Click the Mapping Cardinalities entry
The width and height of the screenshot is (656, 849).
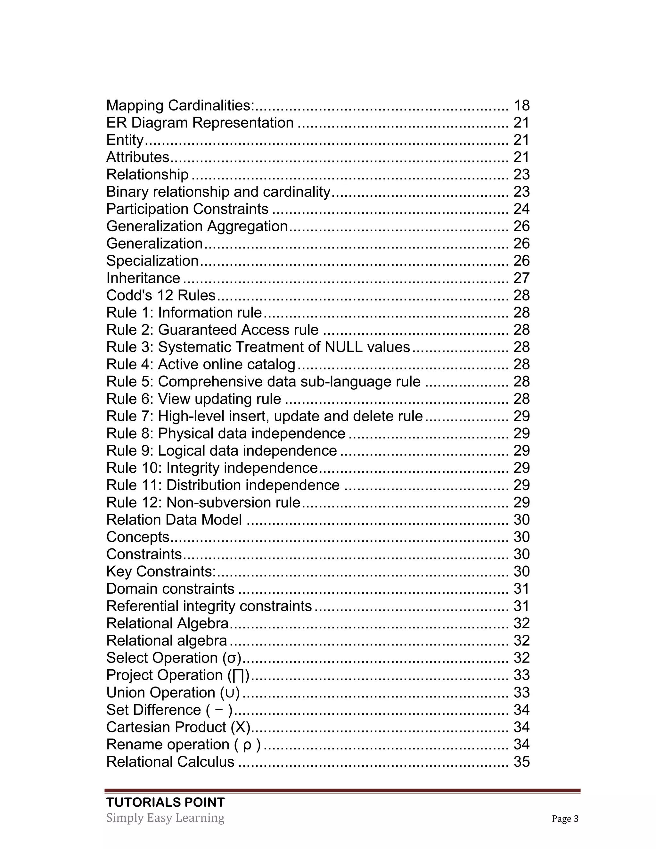click(x=180, y=105)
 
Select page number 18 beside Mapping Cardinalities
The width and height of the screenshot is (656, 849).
click(x=521, y=105)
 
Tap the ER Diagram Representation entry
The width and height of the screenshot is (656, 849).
click(x=200, y=123)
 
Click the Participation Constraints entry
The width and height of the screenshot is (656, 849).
click(x=187, y=209)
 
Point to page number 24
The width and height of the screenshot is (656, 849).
click(x=521, y=209)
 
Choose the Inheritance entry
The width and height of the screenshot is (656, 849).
click(x=143, y=278)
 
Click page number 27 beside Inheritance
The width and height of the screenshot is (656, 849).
click(x=521, y=278)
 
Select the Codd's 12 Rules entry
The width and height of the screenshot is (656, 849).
click(x=160, y=295)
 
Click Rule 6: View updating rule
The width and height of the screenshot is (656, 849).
click(x=193, y=399)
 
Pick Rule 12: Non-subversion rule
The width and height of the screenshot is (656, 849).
click(x=203, y=503)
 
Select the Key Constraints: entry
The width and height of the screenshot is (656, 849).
click(x=161, y=572)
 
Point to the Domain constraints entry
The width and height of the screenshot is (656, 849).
click(x=170, y=589)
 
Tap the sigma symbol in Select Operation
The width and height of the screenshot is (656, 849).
click(x=232, y=658)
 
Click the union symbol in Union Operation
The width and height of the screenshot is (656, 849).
click(x=230, y=693)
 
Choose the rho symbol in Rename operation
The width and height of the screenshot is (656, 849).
click(x=247, y=745)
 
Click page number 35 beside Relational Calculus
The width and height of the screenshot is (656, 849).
click(x=521, y=762)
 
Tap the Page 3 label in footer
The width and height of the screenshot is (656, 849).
click(x=565, y=819)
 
